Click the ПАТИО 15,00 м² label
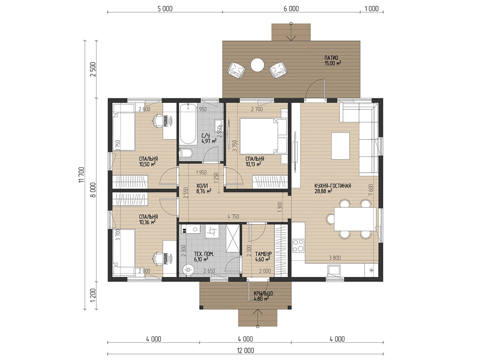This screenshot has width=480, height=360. point(333,60)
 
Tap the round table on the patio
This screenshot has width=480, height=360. point(257,65)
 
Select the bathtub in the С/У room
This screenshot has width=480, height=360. point(188,124)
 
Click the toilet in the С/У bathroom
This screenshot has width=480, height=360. point(186,153)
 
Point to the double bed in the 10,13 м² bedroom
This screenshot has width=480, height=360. point(263,136)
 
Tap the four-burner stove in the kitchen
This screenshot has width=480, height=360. point(298,246)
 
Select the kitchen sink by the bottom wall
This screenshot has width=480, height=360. point(334,271)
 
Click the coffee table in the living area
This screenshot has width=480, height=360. point(340,146)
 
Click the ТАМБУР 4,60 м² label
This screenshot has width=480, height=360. point(263,256)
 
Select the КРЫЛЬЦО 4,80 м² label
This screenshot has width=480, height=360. point(263,296)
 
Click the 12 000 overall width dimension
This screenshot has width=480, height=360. point(245,351)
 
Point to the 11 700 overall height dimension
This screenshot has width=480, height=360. point(82,175)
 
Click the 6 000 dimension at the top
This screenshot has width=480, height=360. point(291,9)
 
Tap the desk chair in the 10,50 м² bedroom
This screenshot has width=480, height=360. point(158,121)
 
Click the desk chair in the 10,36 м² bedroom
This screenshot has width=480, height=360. point(158,258)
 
